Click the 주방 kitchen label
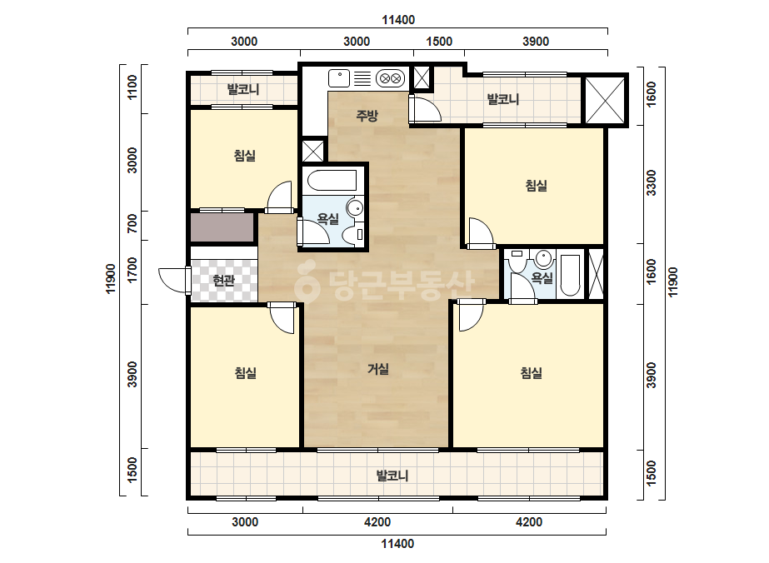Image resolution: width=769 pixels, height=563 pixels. click(x=367, y=116)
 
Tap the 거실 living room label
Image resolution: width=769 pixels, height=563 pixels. click(x=378, y=369)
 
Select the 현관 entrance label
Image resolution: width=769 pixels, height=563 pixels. click(x=223, y=281)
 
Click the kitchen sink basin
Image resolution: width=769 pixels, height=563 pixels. click(x=339, y=78)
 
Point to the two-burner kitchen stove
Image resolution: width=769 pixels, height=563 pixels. click(x=391, y=78)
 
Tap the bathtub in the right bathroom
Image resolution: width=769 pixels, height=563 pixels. click(x=570, y=275)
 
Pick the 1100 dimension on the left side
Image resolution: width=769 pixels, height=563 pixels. click(x=132, y=87)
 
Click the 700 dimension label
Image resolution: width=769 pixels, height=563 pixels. click(x=132, y=224)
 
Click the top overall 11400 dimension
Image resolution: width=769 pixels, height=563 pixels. click(x=398, y=20)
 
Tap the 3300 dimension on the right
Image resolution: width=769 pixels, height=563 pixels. click(x=652, y=183)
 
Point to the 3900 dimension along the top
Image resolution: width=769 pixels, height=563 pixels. click(x=536, y=41)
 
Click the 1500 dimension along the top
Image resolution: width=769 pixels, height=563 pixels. click(x=439, y=41)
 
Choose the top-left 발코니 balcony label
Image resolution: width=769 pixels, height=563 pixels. click(x=243, y=89)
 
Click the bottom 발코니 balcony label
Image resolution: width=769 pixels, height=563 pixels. click(x=392, y=476)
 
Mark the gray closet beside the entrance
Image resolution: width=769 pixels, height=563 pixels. click(x=222, y=227)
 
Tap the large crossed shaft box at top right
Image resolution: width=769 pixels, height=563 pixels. click(x=605, y=101)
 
